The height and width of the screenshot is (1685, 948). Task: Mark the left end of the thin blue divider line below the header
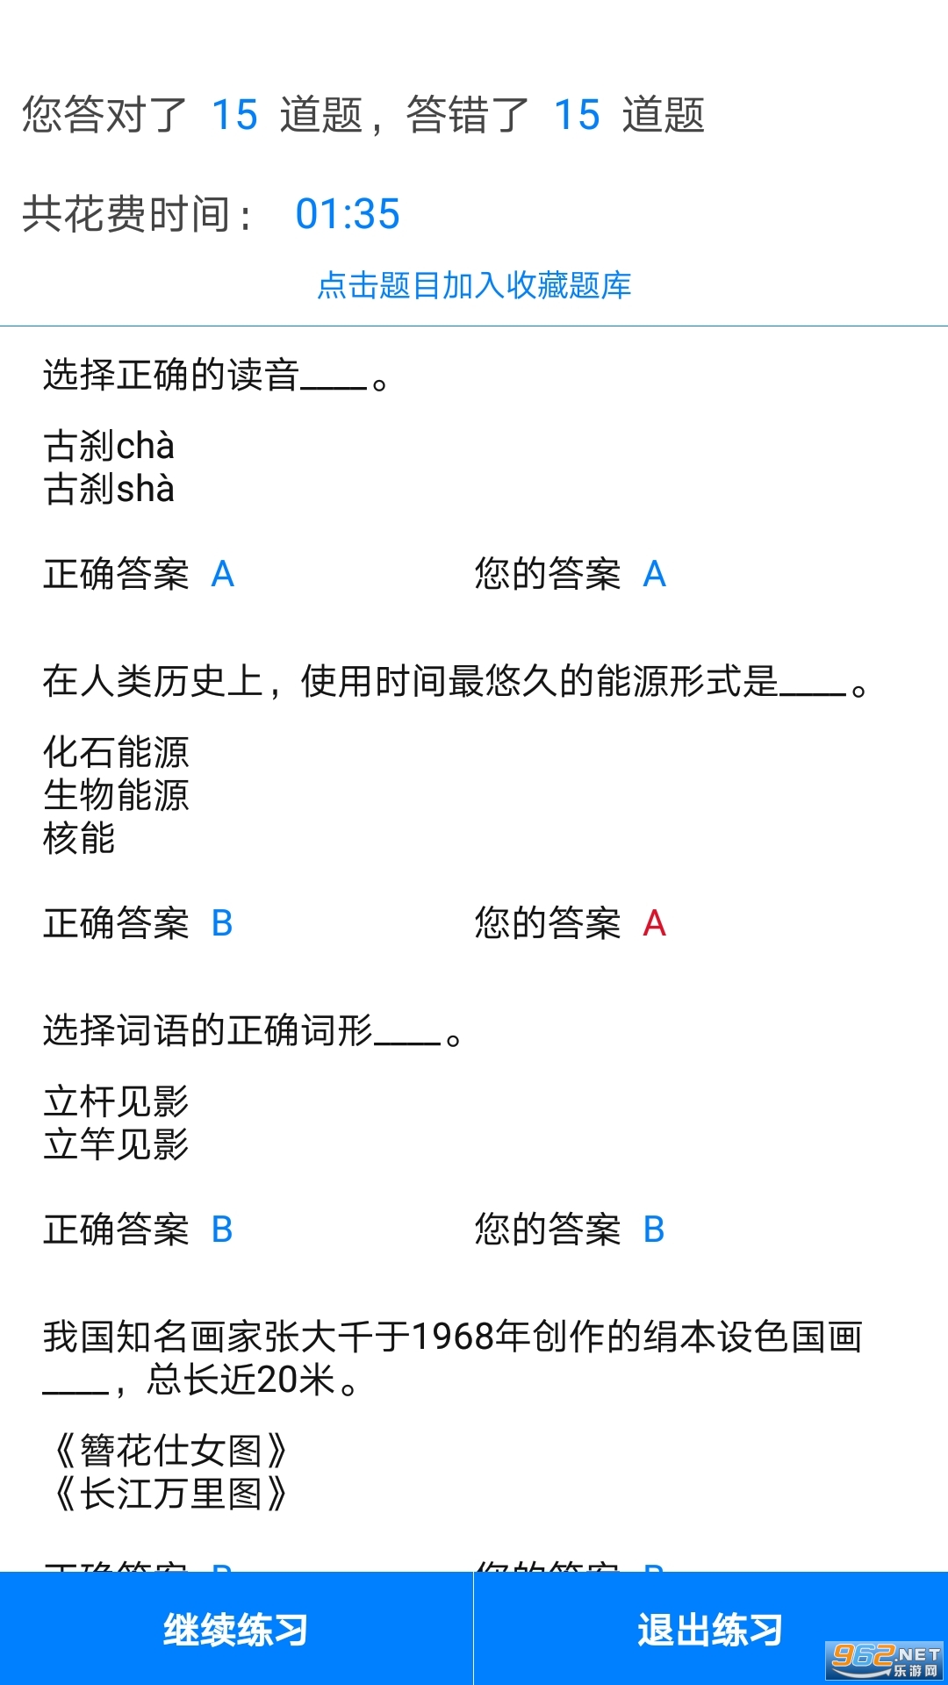(0, 326)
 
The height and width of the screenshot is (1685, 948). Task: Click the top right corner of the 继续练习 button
(473, 1572)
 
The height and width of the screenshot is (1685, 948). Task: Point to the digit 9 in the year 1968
(442, 1337)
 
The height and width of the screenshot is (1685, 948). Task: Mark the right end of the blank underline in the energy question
(846, 694)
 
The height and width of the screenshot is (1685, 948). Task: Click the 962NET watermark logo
(885, 1660)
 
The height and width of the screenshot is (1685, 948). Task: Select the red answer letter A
(655, 923)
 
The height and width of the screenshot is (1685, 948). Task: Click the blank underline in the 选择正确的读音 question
(334, 387)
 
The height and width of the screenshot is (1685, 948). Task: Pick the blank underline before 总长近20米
(76, 1393)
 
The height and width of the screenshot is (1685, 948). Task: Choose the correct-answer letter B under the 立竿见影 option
(222, 1230)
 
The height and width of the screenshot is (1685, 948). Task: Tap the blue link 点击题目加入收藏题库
(474, 285)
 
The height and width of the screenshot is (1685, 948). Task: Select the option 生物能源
(116, 795)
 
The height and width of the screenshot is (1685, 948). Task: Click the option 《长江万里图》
(167, 1494)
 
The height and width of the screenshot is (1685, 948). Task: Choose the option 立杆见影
(116, 1101)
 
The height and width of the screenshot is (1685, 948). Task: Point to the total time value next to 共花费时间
(348, 214)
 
